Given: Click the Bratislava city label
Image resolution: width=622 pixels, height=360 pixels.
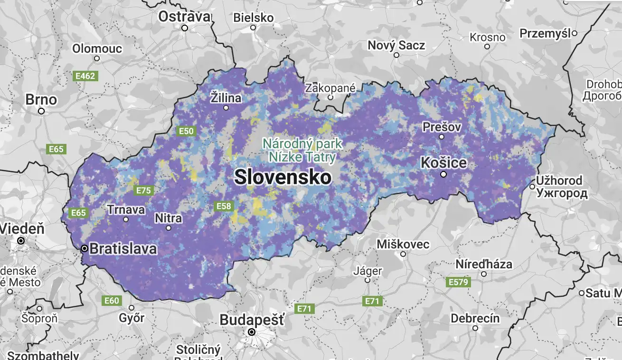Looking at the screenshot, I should tap(123, 248).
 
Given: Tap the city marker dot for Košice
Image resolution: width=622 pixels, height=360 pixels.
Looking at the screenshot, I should tap(443, 174).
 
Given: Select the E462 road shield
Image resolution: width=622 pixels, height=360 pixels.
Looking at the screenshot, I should tap(85, 76).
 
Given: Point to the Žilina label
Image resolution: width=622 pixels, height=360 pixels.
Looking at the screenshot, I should tap(226, 98).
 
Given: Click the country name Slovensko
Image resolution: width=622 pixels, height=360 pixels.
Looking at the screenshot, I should tap(283, 177).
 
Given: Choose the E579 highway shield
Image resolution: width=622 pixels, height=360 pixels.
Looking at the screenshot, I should tap(458, 282).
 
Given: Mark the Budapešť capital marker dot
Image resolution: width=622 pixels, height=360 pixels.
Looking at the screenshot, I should tap(252, 332).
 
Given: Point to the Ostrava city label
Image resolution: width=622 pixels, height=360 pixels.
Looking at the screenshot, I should tap(184, 17).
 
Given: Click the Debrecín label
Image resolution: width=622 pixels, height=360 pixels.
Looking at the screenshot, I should tap(475, 318).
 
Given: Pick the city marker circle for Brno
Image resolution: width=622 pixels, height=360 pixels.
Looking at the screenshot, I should tap(41, 111).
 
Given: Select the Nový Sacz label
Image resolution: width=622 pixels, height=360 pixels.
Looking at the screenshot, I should tap(396, 46).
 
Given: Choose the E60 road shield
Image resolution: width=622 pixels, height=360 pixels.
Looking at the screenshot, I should tap(112, 301).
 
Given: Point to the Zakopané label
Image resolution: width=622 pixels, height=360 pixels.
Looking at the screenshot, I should tap(330, 88).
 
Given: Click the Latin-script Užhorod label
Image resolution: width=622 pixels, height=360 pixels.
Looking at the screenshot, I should tap(559, 181).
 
